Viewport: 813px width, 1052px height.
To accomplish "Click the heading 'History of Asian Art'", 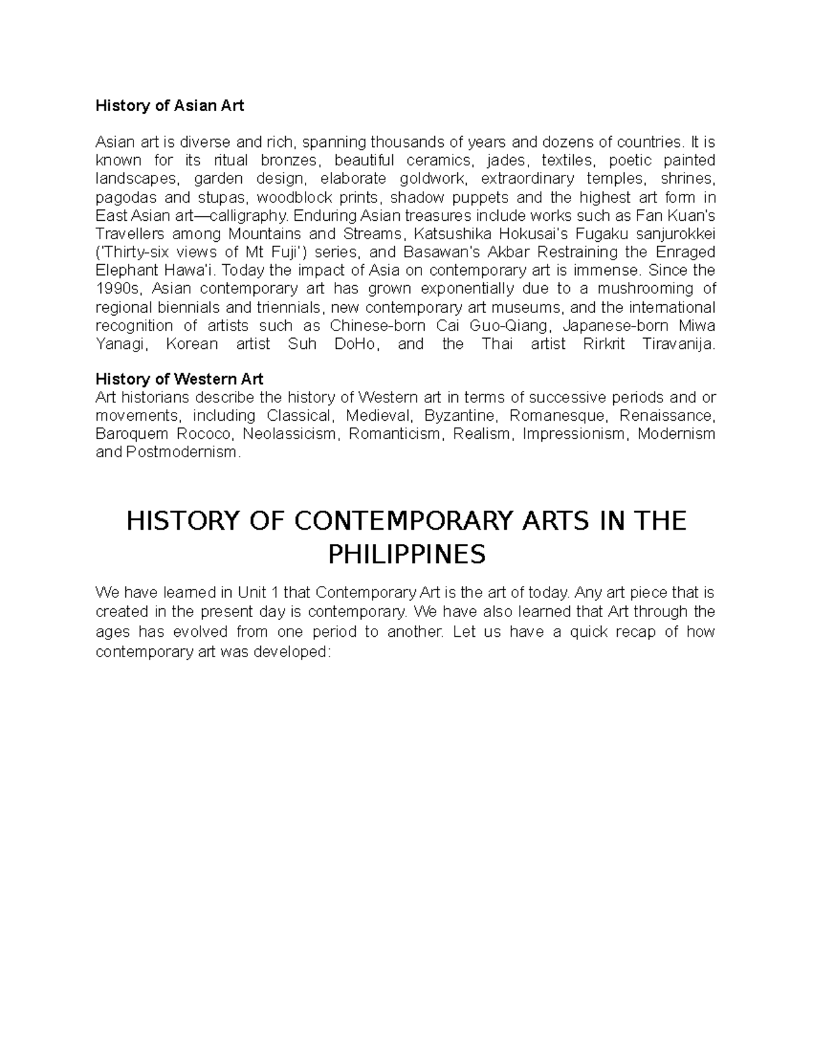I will tap(169, 106).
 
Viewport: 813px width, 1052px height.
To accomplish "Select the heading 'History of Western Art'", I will tap(179, 379).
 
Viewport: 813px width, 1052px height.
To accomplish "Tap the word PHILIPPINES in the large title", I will tap(406, 555).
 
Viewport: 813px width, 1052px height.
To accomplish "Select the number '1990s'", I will tap(117, 289).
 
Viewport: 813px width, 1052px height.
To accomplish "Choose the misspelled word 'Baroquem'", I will tap(129, 434).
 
